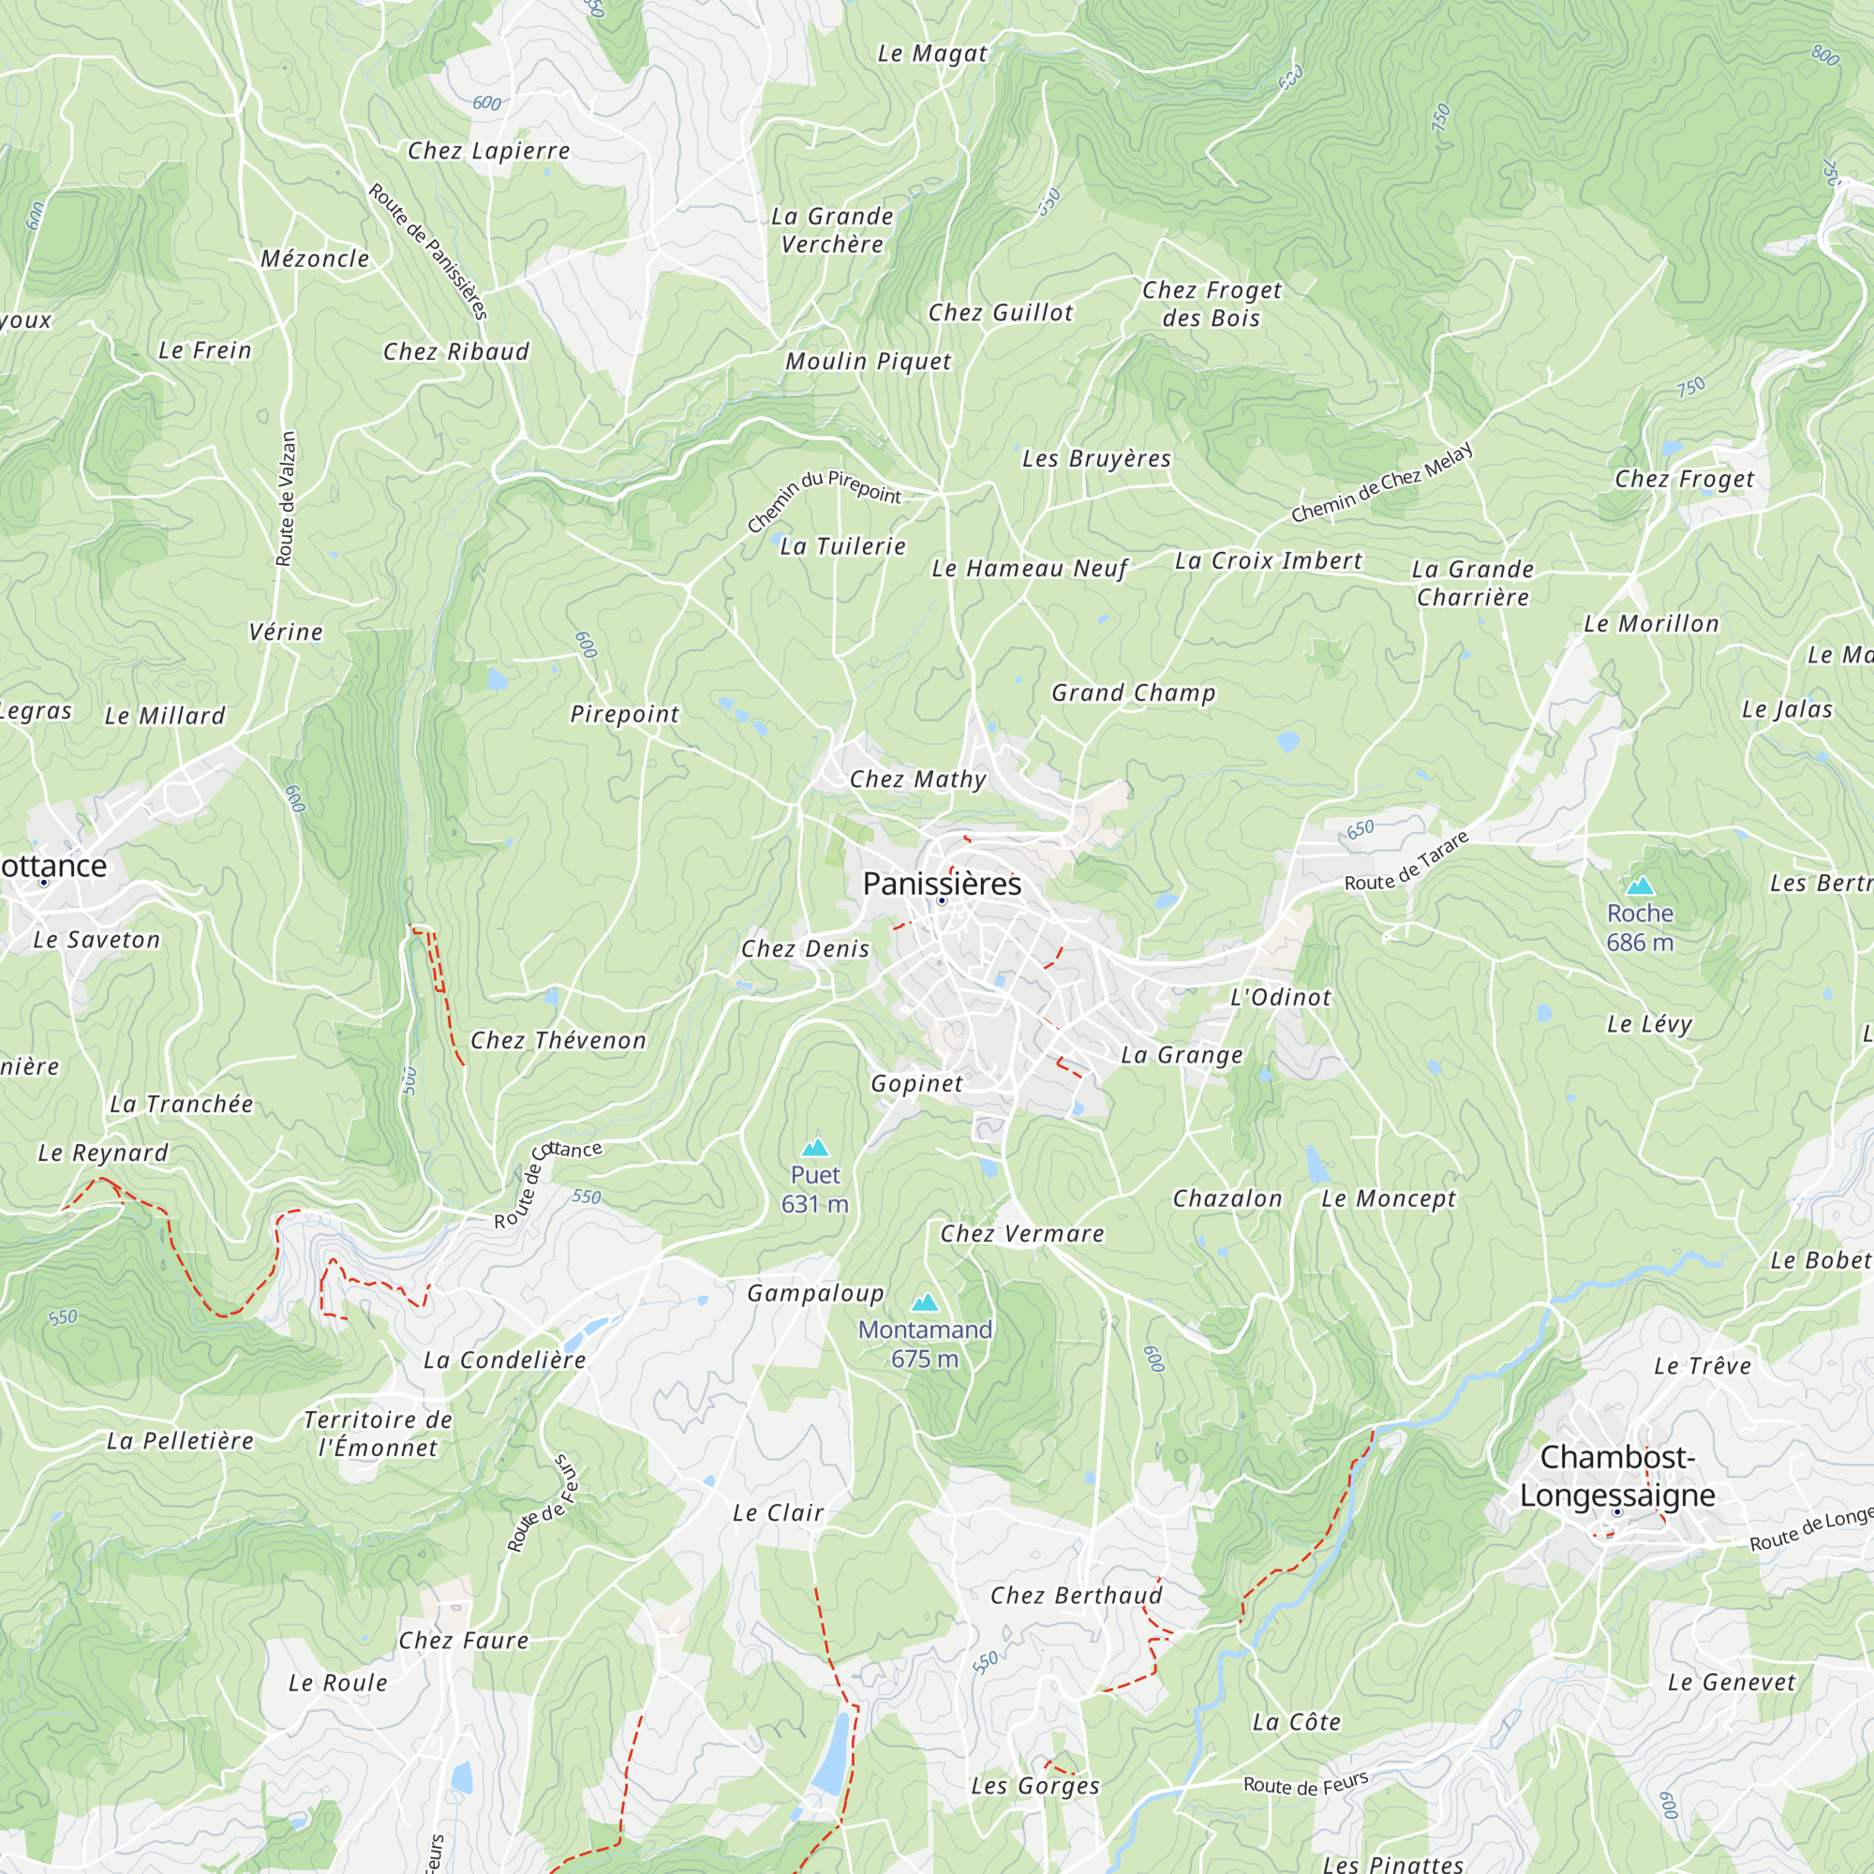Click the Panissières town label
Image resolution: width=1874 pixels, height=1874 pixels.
pyautogui.click(x=942, y=884)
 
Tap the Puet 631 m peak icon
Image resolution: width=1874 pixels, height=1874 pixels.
pyautogui.click(x=815, y=1149)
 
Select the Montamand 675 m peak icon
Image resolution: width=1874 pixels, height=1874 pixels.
pyautogui.click(x=925, y=1302)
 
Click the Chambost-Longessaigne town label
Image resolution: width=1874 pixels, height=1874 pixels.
pyautogui.click(x=1617, y=1476)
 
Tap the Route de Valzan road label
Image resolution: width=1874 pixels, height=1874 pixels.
pyautogui.click(x=285, y=498)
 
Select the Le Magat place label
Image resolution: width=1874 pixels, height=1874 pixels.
pyautogui.click(x=931, y=53)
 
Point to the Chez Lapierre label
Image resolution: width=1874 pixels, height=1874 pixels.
pyautogui.click(x=488, y=150)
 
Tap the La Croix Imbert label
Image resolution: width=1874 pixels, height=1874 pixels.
pyautogui.click(x=1268, y=560)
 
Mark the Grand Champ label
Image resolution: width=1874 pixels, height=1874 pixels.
pyautogui.click(x=1133, y=692)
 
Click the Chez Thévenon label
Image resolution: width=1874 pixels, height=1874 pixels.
pyautogui.click(x=558, y=1040)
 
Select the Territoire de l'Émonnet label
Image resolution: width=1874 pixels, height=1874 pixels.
pyautogui.click(x=379, y=1434)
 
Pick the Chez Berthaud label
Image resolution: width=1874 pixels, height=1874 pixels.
pyautogui.click(x=1076, y=1596)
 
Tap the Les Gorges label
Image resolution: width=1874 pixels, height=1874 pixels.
pyautogui.click(x=1035, y=1786)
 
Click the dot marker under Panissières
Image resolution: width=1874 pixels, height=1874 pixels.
pyautogui.click(x=941, y=901)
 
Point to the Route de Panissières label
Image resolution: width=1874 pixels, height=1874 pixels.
pyautogui.click(x=428, y=252)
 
